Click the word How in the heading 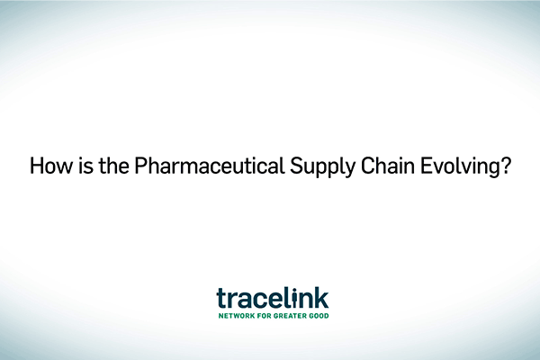click(x=51, y=166)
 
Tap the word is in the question click(x=85, y=166)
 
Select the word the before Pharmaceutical click(x=113, y=166)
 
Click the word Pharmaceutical click(x=210, y=166)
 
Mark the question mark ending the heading click(x=505, y=166)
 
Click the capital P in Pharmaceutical click(x=140, y=166)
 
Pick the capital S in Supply click(x=296, y=166)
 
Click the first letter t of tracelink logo click(x=221, y=298)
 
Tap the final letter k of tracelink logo click(x=321, y=298)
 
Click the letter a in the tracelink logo click(x=245, y=301)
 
